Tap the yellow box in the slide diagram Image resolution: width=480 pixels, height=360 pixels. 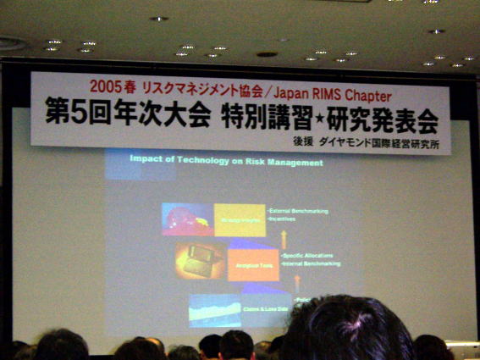(x=240, y=219)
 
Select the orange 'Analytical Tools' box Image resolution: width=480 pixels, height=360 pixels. (x=252, y=265)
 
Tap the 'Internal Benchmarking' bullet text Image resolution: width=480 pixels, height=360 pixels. (x=311, y=263)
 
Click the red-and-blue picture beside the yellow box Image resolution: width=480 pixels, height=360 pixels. (x=188, y=219)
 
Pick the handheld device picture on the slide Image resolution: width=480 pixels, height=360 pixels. (x=201, y=261)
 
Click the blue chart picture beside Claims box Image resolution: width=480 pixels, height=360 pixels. (x=215, y=310)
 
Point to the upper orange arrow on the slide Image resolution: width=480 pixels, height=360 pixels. (x=284, y=236)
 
